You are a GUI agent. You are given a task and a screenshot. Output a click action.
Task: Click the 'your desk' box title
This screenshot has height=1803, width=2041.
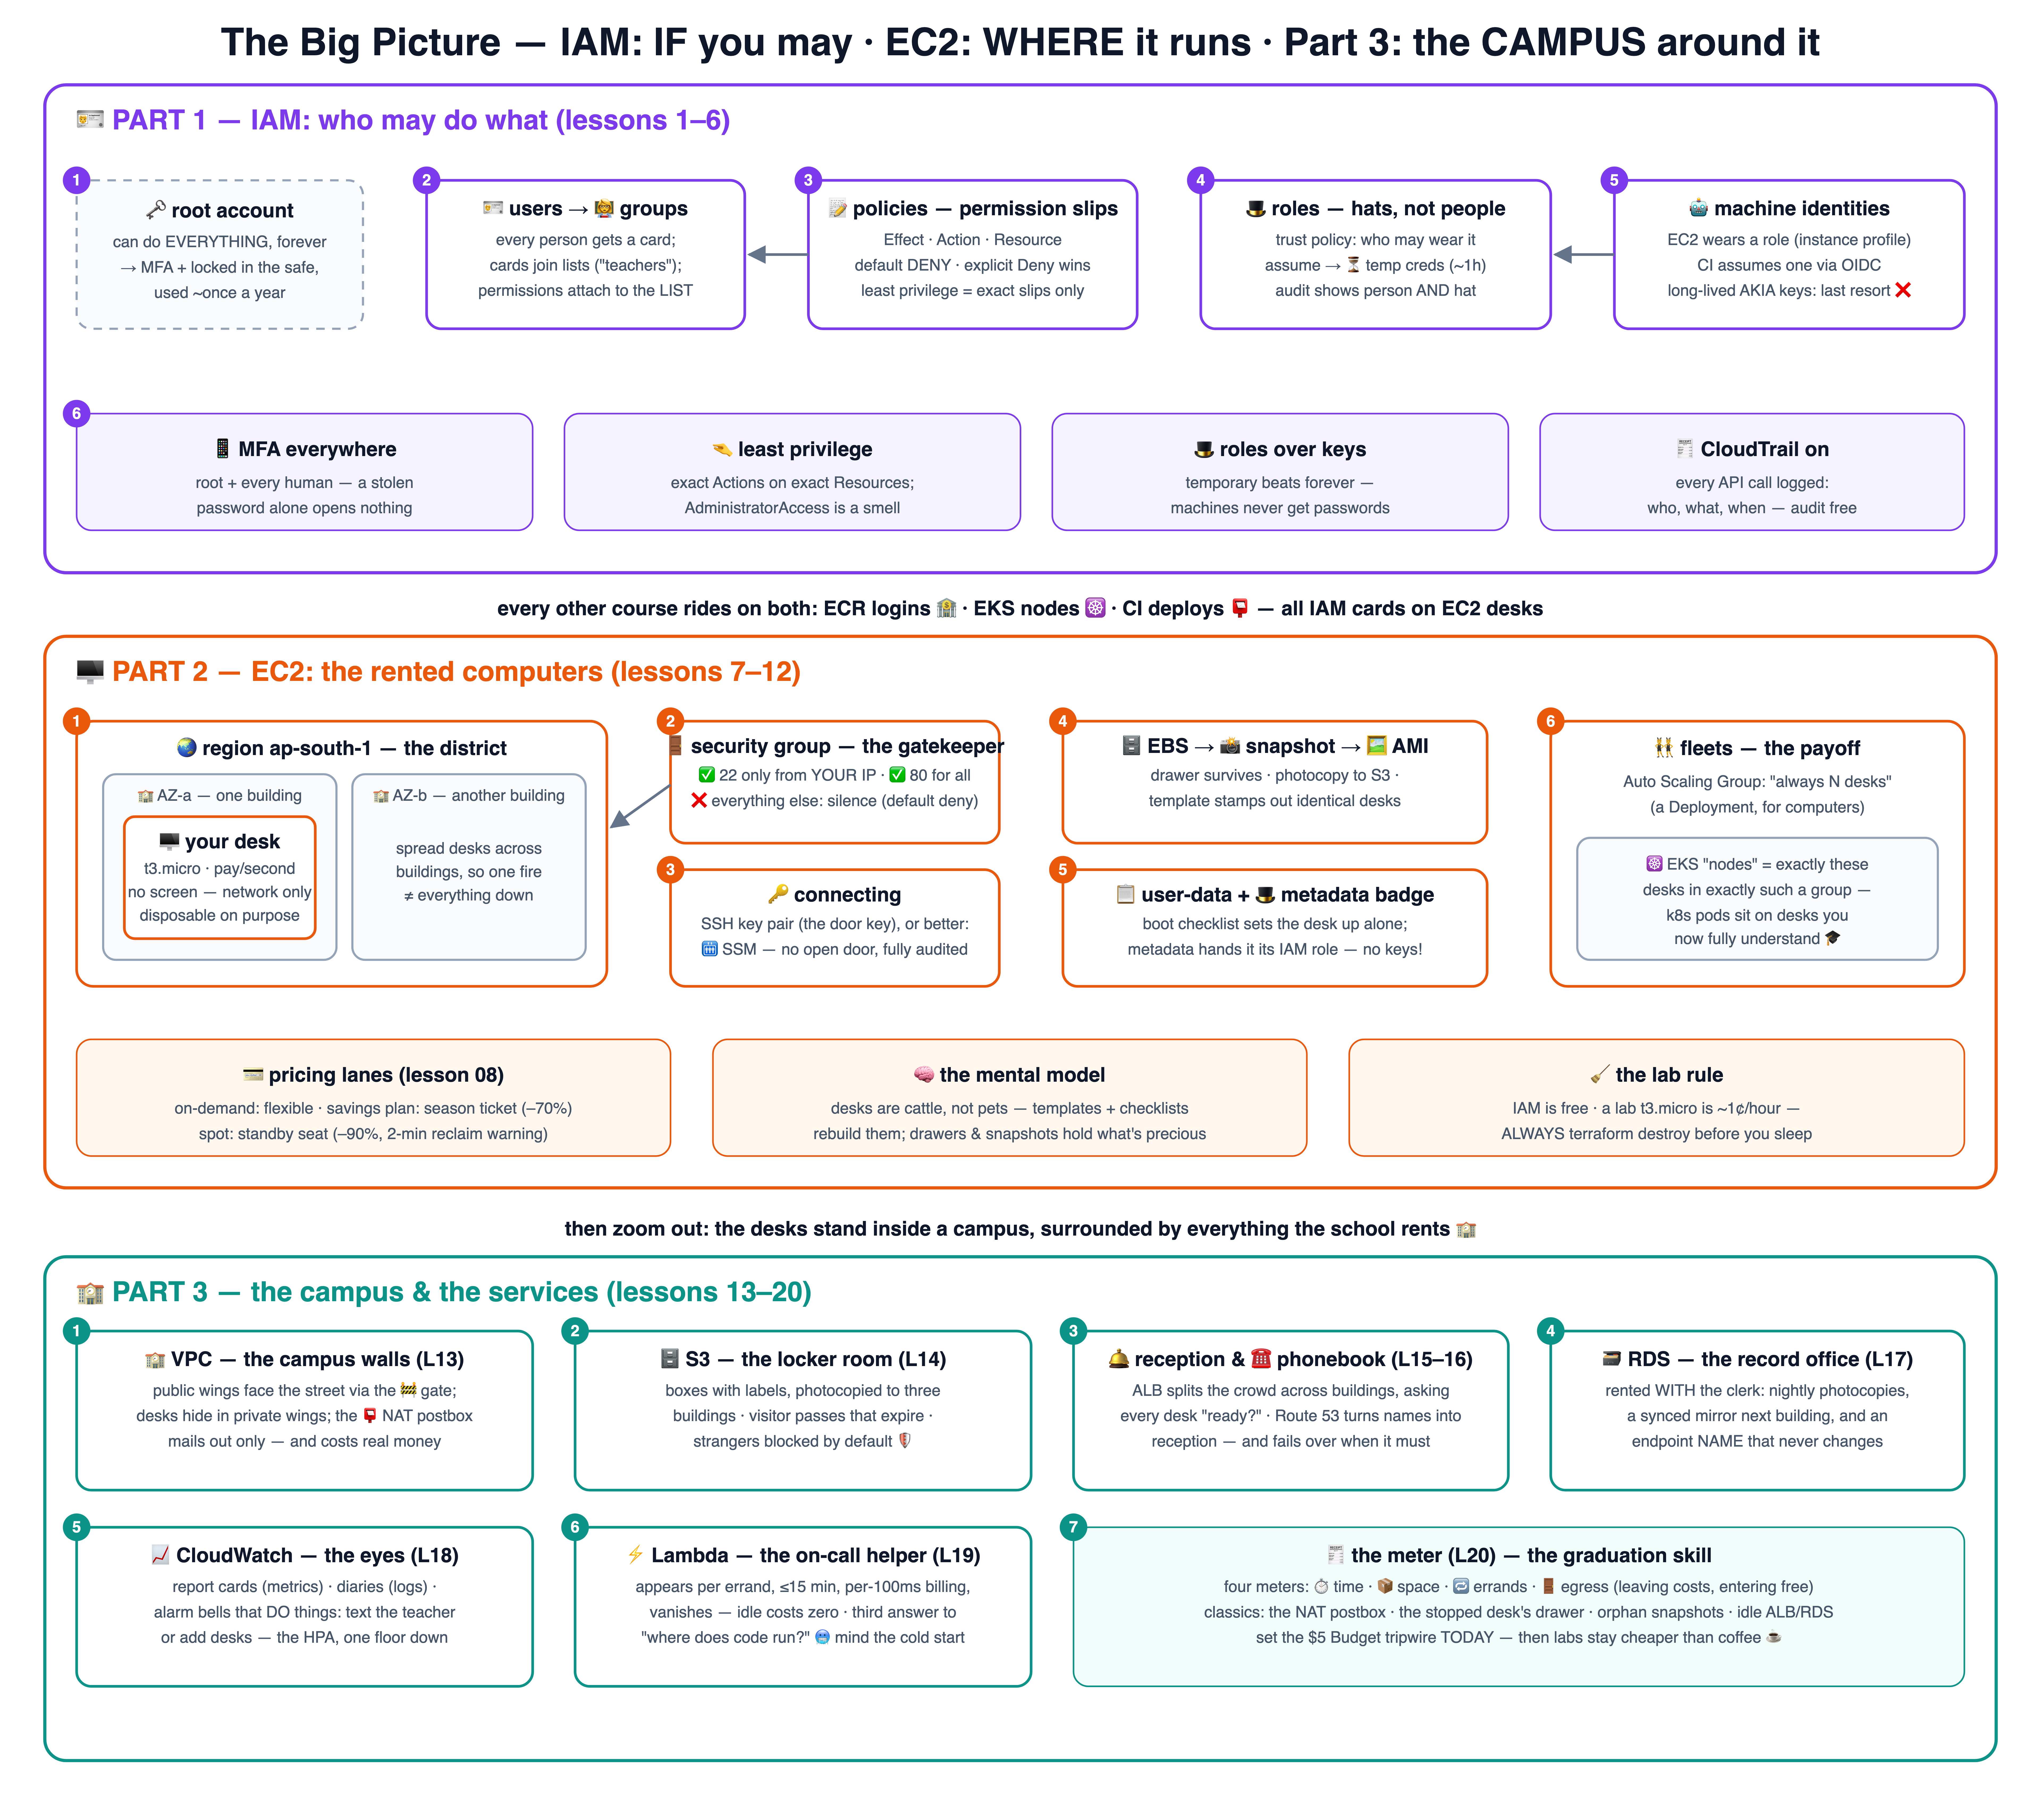(220, 842)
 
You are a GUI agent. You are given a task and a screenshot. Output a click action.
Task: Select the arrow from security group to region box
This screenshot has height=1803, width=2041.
(640, 806)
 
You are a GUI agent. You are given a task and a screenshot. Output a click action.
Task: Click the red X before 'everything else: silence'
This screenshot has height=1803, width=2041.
(699, 801)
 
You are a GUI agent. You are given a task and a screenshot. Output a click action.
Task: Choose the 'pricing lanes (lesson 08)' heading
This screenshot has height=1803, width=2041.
(373, 1075)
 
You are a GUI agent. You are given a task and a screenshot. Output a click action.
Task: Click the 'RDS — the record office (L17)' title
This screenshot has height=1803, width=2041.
(1757, 1360)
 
